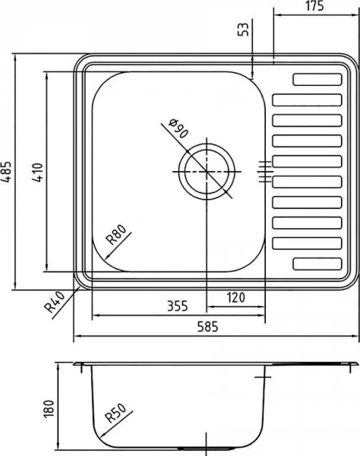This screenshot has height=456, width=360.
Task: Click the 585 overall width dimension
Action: pos(207,328)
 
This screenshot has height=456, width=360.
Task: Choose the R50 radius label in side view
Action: pos(115,415)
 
